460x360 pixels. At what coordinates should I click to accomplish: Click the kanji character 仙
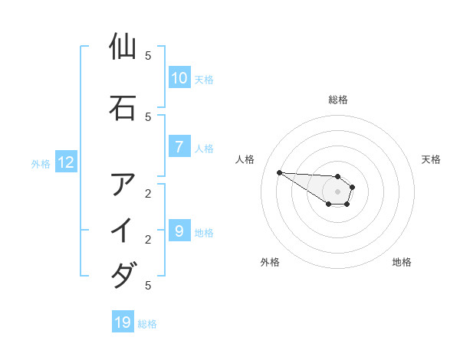click(x=123, y=47)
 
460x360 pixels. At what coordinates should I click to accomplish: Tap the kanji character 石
click(x=123, y=108)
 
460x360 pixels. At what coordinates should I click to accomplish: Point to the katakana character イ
click(x=123, y=230)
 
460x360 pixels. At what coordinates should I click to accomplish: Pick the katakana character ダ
click(x=123, y=275)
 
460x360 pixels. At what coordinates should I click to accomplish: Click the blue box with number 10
click(x=179, y=78)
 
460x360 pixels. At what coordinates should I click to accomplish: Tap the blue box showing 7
click(x=179, y=148)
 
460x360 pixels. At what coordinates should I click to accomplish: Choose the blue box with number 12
click(x=65, y=162)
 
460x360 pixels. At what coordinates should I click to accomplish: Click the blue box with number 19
click(x=123, y=322)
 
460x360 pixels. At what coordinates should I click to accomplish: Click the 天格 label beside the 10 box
click(x=204, y=80)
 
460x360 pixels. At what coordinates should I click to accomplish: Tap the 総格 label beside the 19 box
click(x=147, y=324)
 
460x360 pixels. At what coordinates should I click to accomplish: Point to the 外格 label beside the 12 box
click(x=41, y=163)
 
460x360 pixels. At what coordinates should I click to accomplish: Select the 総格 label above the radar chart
click(x=337, y=100)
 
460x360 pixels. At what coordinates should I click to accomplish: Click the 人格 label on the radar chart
click(x=245, y=159)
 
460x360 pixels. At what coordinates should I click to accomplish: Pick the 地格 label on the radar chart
click(x=402, y=262)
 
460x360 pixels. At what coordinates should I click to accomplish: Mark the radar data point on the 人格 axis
click(x=279, y=172)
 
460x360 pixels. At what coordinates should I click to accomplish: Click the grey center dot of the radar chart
click(x=337, y=191)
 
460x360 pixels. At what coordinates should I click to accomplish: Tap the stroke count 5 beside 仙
click(x=148, y=56)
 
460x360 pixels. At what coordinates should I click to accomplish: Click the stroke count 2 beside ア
click(x=148, y=193)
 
